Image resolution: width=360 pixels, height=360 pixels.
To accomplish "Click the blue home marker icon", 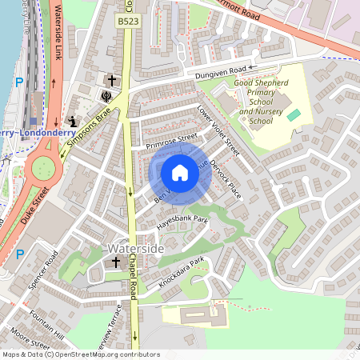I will (180, 173).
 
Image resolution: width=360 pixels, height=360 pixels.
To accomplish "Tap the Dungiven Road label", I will (217, 74).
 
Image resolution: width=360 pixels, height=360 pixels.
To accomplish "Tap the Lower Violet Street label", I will (218, 130).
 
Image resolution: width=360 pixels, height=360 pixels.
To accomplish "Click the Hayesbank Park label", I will (182, 223).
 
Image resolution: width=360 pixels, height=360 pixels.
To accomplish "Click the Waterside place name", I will (135, 250).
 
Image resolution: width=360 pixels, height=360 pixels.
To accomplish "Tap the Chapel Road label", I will (134, 290).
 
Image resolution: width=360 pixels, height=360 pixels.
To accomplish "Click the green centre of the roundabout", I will (42, 169).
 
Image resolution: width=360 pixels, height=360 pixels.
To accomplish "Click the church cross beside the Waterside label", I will (115, 262).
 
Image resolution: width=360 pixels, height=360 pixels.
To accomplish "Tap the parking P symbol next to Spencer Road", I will (20, 254).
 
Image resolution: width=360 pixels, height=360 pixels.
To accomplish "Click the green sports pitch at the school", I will (294, 116).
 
